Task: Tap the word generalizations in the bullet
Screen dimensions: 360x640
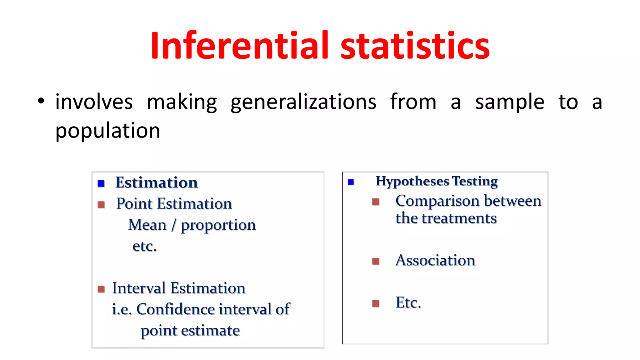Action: (x=303, y=102)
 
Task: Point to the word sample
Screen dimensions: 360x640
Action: (x=510, y=102)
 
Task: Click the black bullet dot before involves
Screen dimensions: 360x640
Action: (x=41, y=101)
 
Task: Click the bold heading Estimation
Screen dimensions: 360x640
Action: (x=157, y=182)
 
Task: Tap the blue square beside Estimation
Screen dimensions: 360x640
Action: (x=101, y=183)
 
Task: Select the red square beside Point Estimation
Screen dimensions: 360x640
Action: (x=101, y=205)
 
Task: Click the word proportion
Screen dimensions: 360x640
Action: (x=218, y=225)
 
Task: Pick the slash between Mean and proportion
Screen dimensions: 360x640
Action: (x=173, y=225)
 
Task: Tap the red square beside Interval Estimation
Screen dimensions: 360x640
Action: (x=101, y=289)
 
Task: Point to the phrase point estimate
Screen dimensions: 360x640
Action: (x=190, y=331)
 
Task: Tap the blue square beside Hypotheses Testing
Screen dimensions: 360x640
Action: (x=351, y=182)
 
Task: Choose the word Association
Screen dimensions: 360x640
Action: (x=435, y=260)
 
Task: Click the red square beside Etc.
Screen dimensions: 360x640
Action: (x=376, y=303)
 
